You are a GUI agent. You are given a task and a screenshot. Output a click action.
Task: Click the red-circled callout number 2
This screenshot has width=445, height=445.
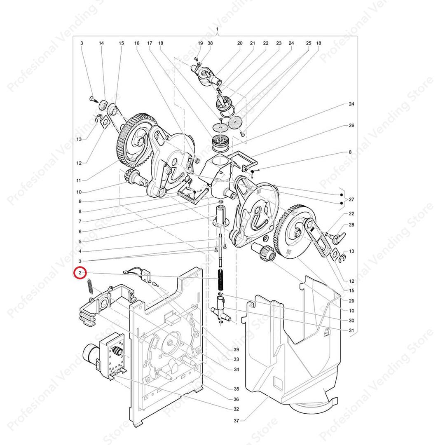(80, 273)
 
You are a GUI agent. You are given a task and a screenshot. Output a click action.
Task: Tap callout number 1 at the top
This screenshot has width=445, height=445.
(218, 29)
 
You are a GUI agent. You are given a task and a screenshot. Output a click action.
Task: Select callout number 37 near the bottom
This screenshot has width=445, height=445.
(237, 421)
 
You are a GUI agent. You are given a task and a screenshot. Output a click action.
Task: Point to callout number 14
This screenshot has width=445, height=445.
(101, 43)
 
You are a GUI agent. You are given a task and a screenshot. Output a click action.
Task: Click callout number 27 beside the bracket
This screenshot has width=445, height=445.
(351, 199)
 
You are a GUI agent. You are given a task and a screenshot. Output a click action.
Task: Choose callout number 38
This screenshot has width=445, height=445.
(210, 43)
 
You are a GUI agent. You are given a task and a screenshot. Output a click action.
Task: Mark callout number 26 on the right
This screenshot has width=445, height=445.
(351, 125)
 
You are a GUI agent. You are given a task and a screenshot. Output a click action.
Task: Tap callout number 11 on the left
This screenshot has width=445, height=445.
(79, 180)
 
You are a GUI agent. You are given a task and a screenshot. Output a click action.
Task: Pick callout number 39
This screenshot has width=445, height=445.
(237, 350)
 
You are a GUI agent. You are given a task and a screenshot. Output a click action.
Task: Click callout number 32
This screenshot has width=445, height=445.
(237, 409)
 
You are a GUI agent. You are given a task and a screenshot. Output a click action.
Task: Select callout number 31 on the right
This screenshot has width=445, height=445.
(351, 330)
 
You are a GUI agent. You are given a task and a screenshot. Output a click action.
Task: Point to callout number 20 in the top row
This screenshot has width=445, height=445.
(240, 43)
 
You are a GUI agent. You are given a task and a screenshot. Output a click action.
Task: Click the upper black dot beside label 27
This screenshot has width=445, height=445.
(342, 195)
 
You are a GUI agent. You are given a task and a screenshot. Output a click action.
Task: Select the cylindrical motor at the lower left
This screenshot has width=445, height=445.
(91, 353)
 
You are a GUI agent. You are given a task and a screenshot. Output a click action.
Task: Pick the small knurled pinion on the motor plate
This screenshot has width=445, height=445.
(117, 350)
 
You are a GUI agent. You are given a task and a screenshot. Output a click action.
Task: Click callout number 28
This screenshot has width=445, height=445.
(351, 225)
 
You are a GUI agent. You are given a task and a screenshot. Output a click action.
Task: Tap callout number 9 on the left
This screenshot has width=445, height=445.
(80, 201)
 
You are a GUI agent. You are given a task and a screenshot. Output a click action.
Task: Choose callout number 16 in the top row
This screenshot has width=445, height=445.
(137, 43)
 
